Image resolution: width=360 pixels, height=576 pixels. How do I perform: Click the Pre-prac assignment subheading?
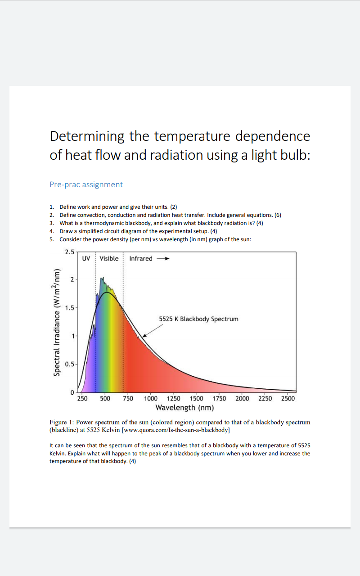pyautogui.click(x=86, y=184)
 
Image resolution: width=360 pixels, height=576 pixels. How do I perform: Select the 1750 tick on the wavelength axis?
pyautogui.click(x=219, y=398)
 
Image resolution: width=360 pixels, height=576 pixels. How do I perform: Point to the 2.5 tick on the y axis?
pyautogui.click(x=69, y=252)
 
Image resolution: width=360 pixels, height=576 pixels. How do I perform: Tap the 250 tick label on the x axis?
pyautogui.click(x=82, y=398)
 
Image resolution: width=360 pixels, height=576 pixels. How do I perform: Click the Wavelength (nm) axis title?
pyautogui.click(x=184, y=408)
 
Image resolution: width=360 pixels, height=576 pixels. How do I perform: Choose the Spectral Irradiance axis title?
pyautogui.click(x=57, y=322)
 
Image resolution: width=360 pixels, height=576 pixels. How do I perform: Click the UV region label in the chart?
pyautogui.click(x=86, y=258)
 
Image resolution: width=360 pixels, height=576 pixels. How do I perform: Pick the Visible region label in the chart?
pyautogui.click(x=109, y=258)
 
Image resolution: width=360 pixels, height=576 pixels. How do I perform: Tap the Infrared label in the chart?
pyautogui.click(x=141, y=258)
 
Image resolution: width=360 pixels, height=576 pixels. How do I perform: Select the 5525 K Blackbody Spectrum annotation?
pyautogui.click(x=198, y=319)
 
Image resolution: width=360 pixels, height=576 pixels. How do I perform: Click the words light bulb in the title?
pyautogui.click(x=279, y=155)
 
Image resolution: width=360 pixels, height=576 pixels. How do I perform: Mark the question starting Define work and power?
pyautogui.click(x=118, y=207)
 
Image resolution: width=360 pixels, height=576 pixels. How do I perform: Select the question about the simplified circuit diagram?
pyautogui.click(x=138, y=231)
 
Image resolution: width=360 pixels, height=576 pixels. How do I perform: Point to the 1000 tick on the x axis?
pyautogui.click(x=151, y=398)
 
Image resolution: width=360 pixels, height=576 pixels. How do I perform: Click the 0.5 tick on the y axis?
pyautogui.click(x=70, y=364)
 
